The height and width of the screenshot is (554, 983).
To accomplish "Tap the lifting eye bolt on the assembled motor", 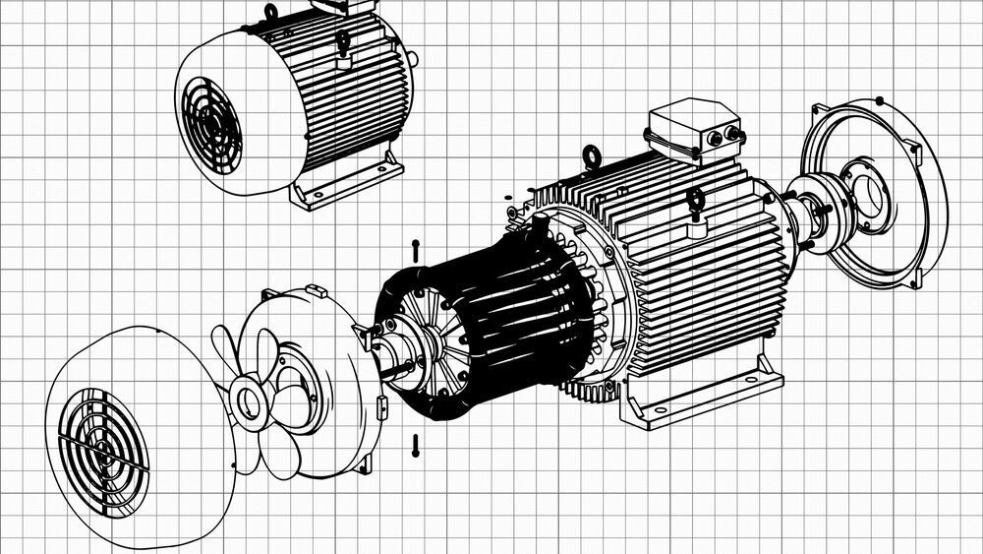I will point(342,42).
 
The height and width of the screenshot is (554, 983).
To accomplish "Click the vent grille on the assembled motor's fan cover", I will point(209,119).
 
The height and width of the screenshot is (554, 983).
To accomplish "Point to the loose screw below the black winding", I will point(417,445).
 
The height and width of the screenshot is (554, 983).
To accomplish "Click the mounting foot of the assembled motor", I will point(352,181).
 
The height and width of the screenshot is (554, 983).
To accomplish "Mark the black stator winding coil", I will point(491,325).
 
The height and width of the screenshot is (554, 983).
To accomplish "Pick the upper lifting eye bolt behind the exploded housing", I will point(592,154).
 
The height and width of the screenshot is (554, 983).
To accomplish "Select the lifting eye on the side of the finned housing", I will point(697,204).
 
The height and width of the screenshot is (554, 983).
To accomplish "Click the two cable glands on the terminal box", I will point(723,137).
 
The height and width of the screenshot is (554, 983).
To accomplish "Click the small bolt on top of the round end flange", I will point(878,99).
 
